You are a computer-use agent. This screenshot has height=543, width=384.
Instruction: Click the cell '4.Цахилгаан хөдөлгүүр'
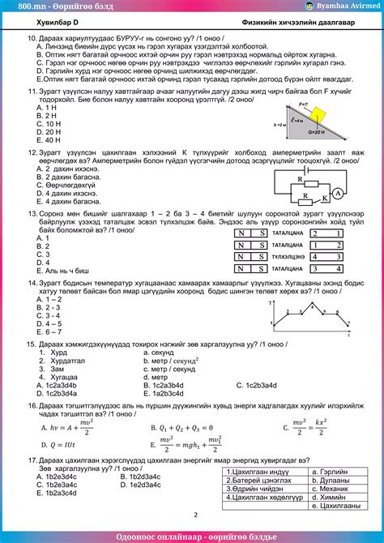262,499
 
